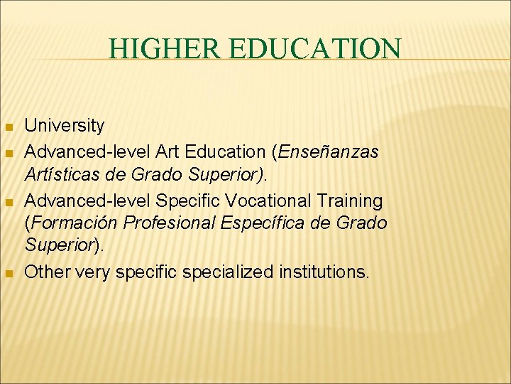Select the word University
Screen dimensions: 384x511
tap(65, 126)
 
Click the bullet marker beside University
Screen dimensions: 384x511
tap(9, 127)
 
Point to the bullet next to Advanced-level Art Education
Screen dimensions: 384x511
tap(9, 153)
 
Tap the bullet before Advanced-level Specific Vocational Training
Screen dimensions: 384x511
tap(9, 203)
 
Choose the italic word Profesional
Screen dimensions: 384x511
tap(170, 223)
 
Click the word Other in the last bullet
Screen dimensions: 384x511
tap(46, 272)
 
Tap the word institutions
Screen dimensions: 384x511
tap(324, 272)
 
